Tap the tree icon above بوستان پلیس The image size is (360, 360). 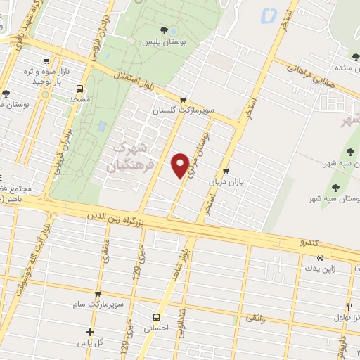tap(164, 30)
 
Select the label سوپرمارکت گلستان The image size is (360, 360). tap(183, 110)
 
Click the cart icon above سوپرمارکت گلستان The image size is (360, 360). tap(183, 99)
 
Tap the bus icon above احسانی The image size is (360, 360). tap(156, 316)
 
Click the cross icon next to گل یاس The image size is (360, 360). tap(90, 332)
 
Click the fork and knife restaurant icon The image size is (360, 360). tap(349, 305)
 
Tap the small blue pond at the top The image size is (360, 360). tap(267, 15)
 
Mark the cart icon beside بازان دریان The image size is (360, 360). tap(226, 171)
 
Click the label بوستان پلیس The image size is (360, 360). tap(164, 43)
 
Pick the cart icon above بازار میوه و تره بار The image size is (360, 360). tap(46, 61)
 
